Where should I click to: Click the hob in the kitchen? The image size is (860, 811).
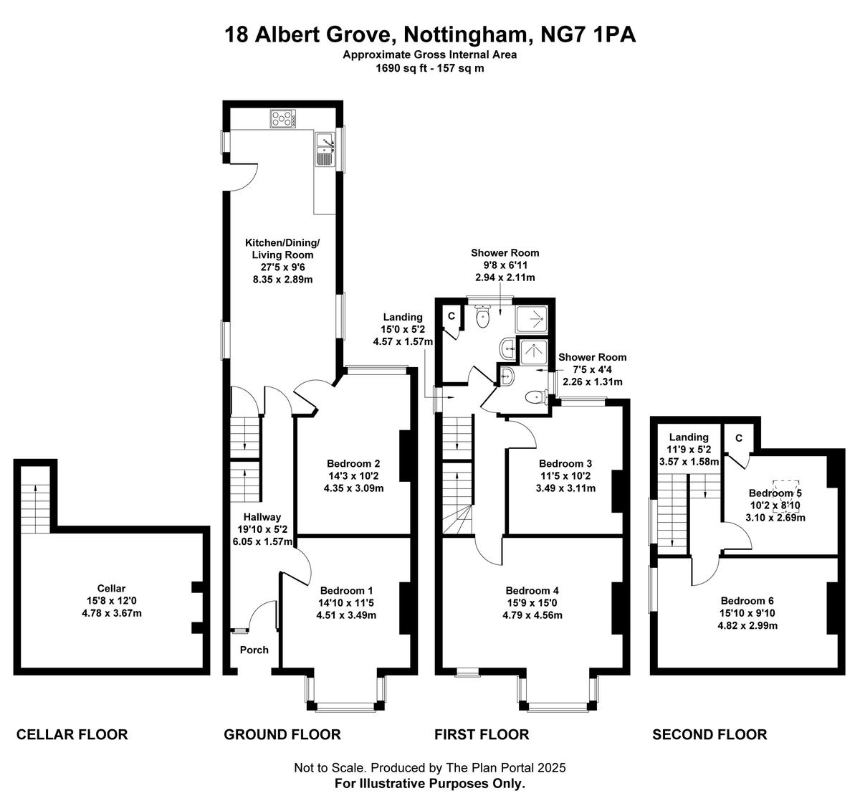[283, 118]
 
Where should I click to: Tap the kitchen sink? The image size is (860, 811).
[325, 149]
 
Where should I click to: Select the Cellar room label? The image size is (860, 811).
[111, 588]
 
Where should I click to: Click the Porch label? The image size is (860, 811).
[254, 650]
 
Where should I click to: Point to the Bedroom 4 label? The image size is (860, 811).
[532, 590]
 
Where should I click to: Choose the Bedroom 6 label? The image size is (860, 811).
[747, 601]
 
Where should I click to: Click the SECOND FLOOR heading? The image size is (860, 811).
[709, 735]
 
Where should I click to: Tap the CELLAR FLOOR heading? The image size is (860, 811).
[72, 735]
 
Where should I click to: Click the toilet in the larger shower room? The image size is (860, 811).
[482, 316]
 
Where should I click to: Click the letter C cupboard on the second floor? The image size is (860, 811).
[739, 439]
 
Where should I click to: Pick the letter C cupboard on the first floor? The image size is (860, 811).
[451, 316]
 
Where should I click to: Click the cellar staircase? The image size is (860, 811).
[35, 500]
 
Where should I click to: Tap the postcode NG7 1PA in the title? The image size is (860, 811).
[588, 34]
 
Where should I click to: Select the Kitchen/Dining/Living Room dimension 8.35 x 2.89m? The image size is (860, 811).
[282, 279]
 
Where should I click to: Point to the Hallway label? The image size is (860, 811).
[262, 517]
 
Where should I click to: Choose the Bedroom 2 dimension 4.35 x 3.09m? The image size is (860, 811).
[353, 488]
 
